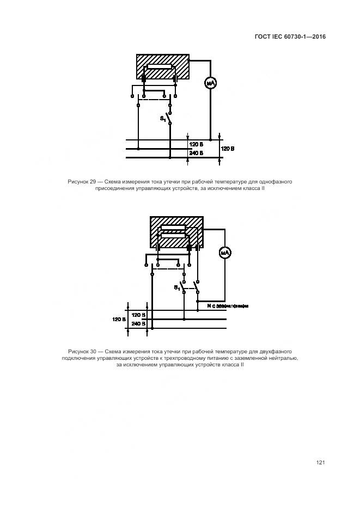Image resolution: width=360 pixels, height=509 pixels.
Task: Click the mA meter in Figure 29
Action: tap(211, 83)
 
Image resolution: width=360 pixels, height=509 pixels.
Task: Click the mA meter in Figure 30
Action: tap(225, 253)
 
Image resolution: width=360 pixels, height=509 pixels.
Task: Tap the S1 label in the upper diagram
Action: tap(163, 118)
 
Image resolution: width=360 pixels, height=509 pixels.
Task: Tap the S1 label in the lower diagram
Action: tap(177, 287)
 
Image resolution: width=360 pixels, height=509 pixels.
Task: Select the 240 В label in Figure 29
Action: tap(196, 154)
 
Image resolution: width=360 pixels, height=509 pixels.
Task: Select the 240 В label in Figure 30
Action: tap(139, 323)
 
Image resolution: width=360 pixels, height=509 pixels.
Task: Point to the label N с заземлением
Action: tap(228, 306)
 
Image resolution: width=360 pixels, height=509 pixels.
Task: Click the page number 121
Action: tap(320, 462)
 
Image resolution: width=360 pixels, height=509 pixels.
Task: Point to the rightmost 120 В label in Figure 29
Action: tap(228, 148)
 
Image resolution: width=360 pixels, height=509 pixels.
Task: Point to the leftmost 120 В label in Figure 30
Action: tap(119, 319)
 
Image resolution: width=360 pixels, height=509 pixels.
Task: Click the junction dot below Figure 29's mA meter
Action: tap(211, 139)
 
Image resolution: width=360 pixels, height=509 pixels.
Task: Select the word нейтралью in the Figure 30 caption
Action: tap(284, 358)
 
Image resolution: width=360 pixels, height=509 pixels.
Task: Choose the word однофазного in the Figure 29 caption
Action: tap(276, 181)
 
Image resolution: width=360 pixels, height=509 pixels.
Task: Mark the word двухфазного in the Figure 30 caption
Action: tap(276, 351)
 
